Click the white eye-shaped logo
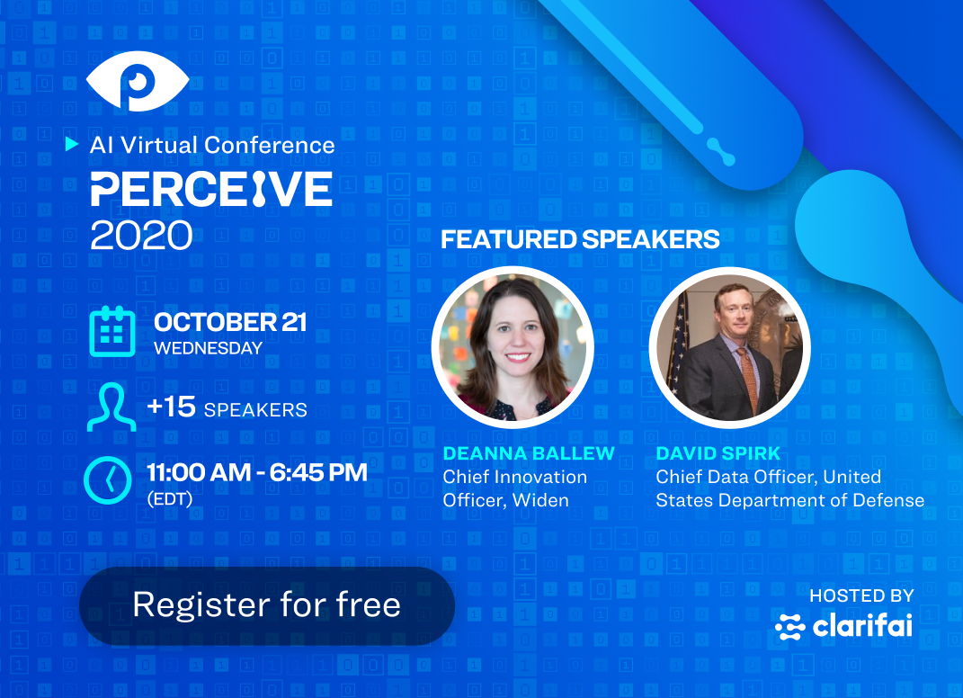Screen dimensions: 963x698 point(138,81)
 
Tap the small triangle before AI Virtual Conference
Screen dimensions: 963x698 point(72,145)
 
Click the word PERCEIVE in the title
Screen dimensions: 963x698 point(212,189)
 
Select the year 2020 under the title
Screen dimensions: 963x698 point(141,236)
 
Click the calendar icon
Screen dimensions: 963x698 point(112,332)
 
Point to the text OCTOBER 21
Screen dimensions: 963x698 point(230,323)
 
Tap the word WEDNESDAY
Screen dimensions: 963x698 point(209,348)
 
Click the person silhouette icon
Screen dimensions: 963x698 point(111,407)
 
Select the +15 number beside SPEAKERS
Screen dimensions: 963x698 point(172,407)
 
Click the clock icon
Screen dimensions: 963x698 point(108,480)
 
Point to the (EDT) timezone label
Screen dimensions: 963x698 point(170,499)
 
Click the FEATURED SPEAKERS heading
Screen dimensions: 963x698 point(580,239)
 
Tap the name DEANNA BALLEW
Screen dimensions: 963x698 point(529,453)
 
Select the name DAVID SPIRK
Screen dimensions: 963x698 point(718,453)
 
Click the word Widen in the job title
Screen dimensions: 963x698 point(540,500)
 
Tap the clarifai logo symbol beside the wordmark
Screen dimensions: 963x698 point(789,627)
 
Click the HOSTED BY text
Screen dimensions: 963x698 point(861,595)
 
